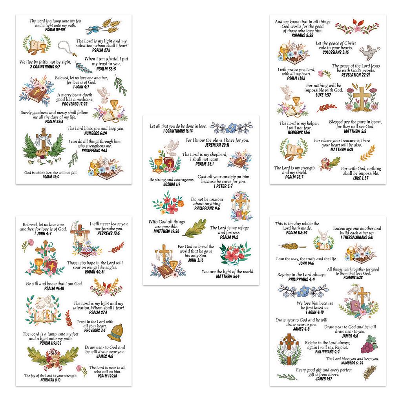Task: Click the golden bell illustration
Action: point(115,333)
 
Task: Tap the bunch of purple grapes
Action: point(369,345)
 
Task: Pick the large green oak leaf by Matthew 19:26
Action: point(196,228)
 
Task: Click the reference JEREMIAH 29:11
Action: point(217,145)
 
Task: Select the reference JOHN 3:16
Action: point(196,260)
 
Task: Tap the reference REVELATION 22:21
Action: point(356,75)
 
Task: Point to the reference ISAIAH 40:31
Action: point(95,272)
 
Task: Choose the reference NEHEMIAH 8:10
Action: point(51,380)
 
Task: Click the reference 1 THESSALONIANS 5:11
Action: point(357,238)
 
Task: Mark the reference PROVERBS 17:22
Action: point(75,104)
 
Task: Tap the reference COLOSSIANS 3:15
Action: point(336,52)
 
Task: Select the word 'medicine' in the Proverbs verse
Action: point(85,99)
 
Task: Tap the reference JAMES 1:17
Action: point(324,379)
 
